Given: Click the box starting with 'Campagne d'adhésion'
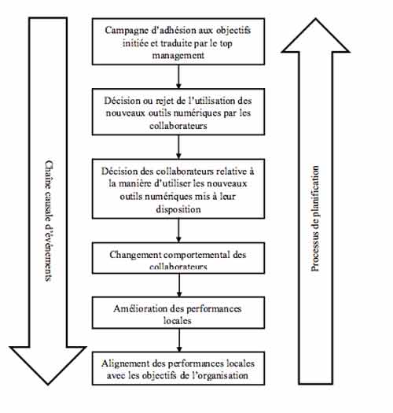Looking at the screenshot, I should [x=180, y=41].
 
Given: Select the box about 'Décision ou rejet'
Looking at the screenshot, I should [x=180, y=112].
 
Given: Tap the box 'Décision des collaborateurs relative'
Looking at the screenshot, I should [x=180, y=189].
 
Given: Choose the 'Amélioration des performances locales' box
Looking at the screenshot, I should [x=180, y=311].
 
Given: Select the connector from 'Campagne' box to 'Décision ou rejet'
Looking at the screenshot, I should [x=180, y=76].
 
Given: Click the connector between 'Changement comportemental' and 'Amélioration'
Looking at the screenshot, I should [x=180, y=282].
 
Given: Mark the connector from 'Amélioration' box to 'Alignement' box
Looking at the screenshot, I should [x=180, y=339].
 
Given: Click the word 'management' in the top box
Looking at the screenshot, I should [x=180, y=54].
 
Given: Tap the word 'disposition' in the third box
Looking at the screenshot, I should [x=180, y=209].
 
